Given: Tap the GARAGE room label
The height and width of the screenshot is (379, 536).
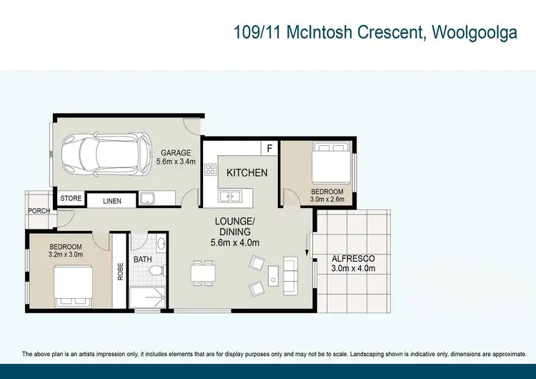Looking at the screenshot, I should tap(174, 152).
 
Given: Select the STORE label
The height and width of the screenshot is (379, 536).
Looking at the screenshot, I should tap(71, 199).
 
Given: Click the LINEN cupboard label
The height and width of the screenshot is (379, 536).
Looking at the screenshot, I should tap(112, 202).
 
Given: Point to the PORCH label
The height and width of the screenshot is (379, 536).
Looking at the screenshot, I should tap(39, 211).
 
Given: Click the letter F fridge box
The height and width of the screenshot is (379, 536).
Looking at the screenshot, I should tap(269, 148).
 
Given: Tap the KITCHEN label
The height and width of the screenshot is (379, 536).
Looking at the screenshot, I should tap(247, 172).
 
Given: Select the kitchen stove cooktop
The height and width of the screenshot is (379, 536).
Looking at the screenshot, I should tap(211, 170).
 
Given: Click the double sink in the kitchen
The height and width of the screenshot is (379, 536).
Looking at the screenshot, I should tap(229, 195).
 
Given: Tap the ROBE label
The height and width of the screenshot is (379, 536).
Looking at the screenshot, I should tap(120, 272).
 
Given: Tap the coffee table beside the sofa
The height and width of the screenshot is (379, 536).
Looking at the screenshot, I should tap(272, 275).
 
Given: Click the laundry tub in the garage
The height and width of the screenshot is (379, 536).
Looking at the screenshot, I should tap(148, 198).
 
